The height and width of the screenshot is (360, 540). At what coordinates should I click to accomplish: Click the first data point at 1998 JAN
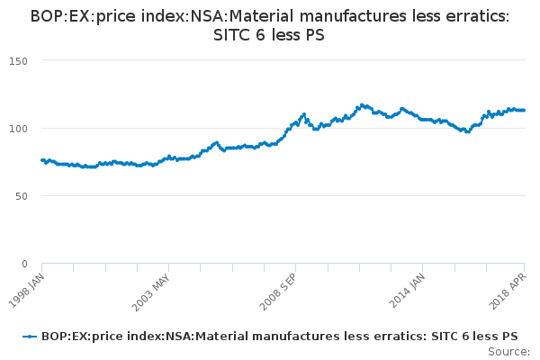click(x=42, y=160)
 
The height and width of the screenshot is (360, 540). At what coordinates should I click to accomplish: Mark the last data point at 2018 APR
click(x=525, y=110)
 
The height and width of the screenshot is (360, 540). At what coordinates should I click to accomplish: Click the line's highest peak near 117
click(x=362, y=104)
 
